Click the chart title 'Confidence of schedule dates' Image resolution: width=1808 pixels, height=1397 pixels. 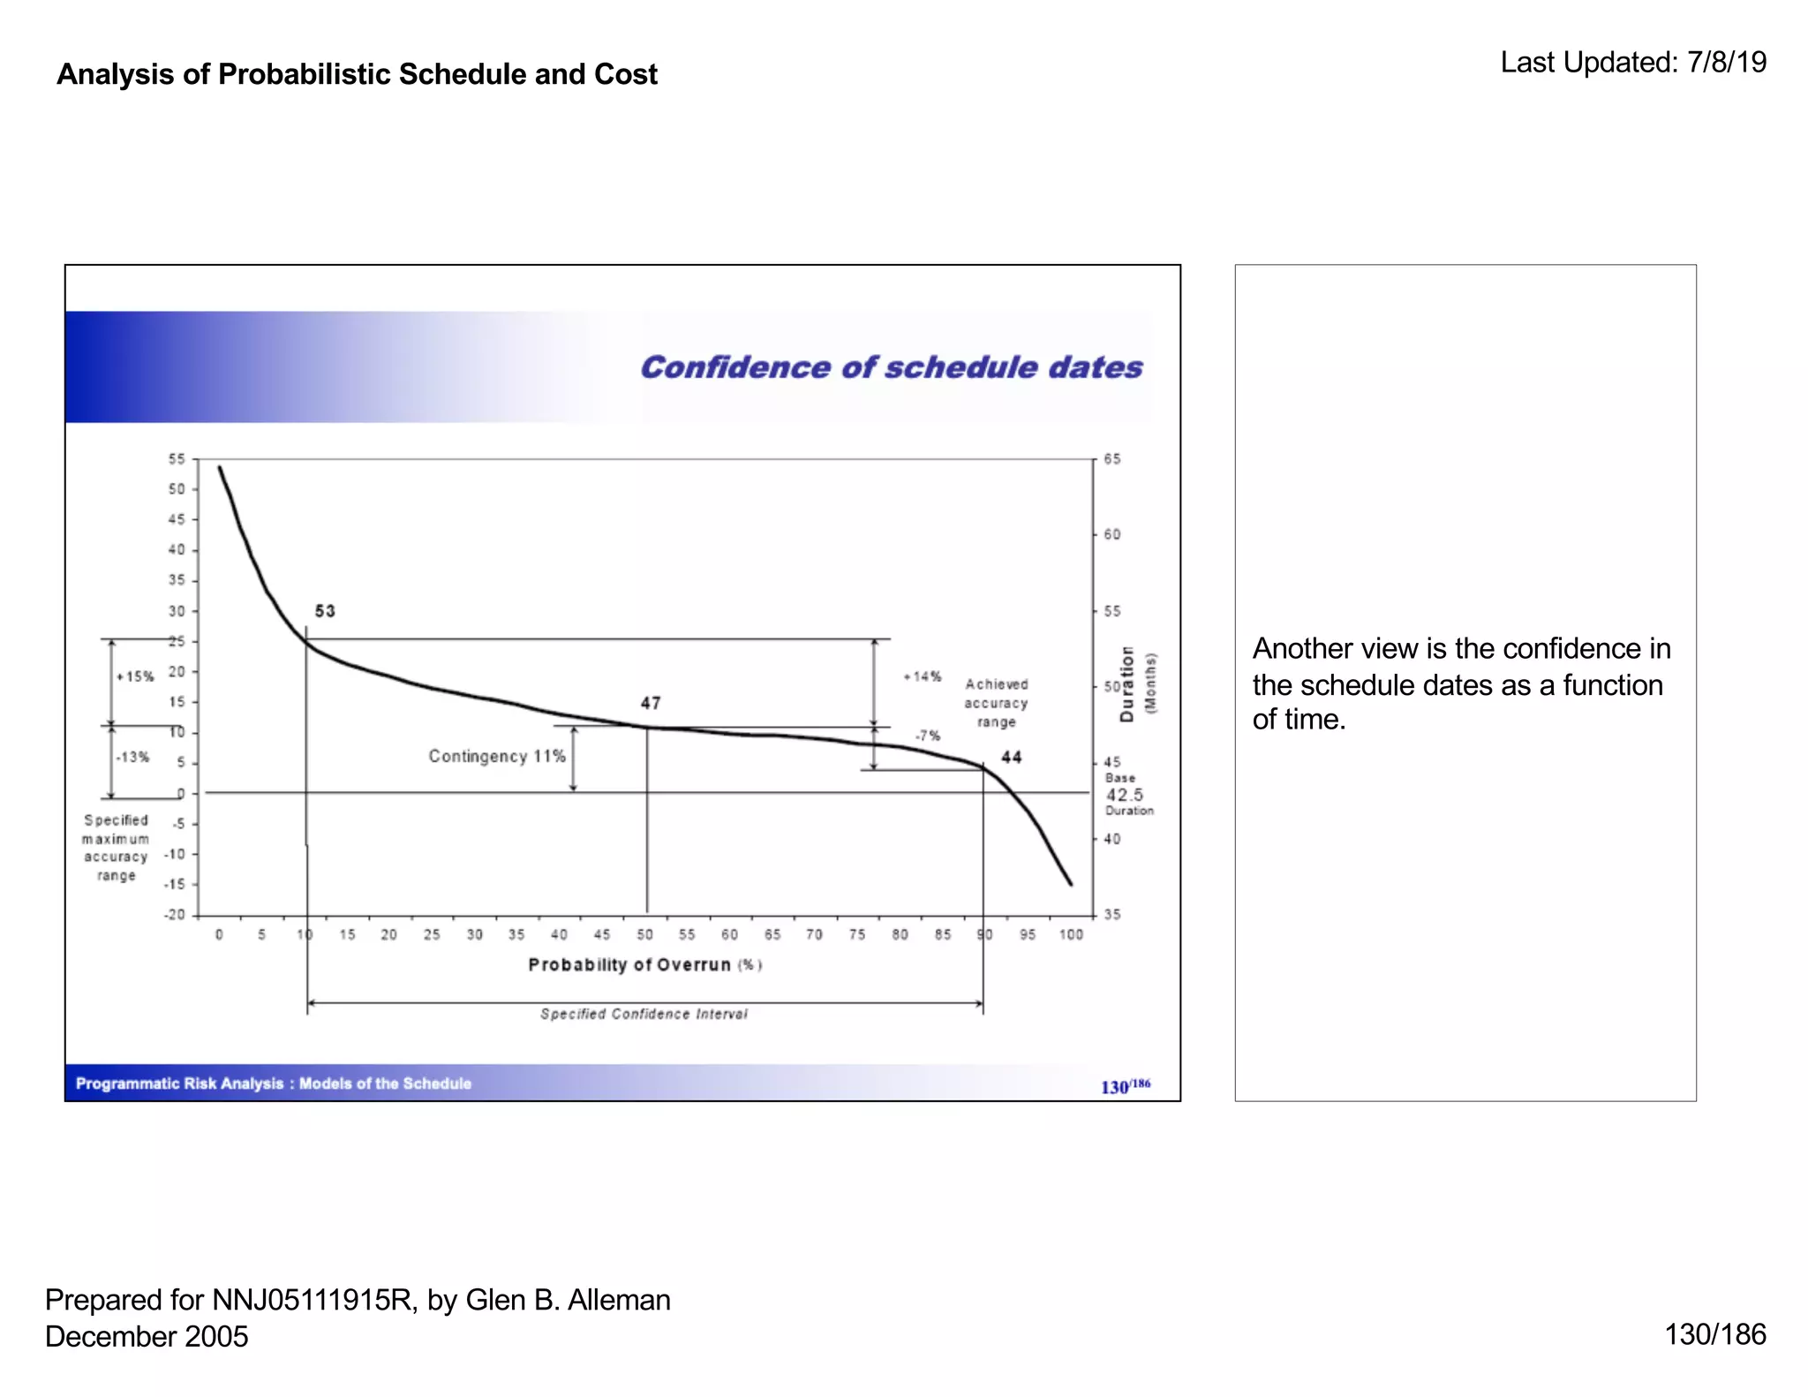point(891,366)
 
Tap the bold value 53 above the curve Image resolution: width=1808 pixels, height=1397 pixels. point(325,611)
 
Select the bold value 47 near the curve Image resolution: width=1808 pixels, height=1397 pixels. point(651,703)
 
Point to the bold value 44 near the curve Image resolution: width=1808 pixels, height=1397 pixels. point(1011,757)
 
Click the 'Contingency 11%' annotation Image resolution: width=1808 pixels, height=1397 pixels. point(497,756)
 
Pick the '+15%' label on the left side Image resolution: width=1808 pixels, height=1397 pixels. point(135,676)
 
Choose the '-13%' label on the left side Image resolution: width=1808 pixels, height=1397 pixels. point(132,757)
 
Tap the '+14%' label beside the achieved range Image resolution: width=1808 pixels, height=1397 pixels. point(922,676)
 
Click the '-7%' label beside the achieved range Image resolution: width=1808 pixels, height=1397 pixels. point(927,736)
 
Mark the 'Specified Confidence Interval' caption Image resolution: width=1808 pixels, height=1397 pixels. point(644,1014)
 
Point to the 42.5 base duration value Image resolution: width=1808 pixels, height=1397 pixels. point(1124,794)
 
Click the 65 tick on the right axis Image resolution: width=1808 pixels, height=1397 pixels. point(1112,459)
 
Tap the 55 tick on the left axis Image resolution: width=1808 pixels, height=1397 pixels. point(177,459)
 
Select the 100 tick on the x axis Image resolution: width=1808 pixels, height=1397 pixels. point(1071,934)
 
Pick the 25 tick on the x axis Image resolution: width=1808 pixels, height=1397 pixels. point(432,934)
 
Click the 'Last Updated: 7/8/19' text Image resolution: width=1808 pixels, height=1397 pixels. point(1633,62)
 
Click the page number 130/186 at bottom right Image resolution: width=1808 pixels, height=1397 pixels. point(1715,1334)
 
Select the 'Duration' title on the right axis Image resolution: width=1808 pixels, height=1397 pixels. point(1126,683)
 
